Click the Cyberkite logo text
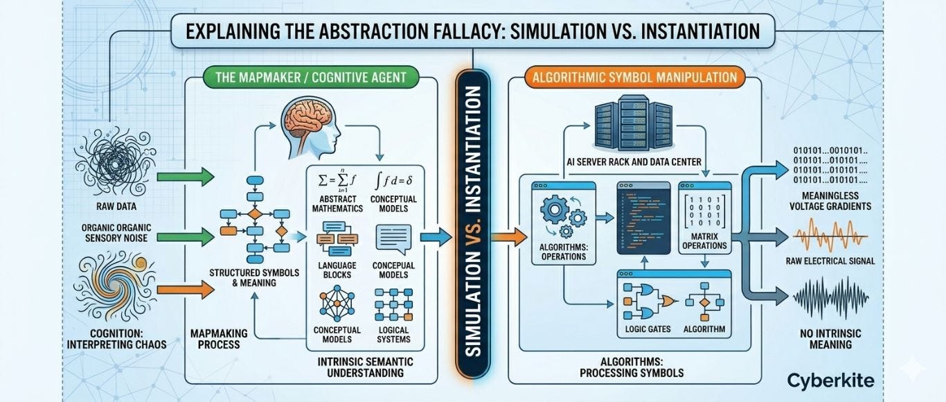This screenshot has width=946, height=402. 830,380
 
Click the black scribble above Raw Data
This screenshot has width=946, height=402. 110,165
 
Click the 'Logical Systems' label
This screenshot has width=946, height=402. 393,335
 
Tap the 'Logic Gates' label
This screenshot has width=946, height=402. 648,329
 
